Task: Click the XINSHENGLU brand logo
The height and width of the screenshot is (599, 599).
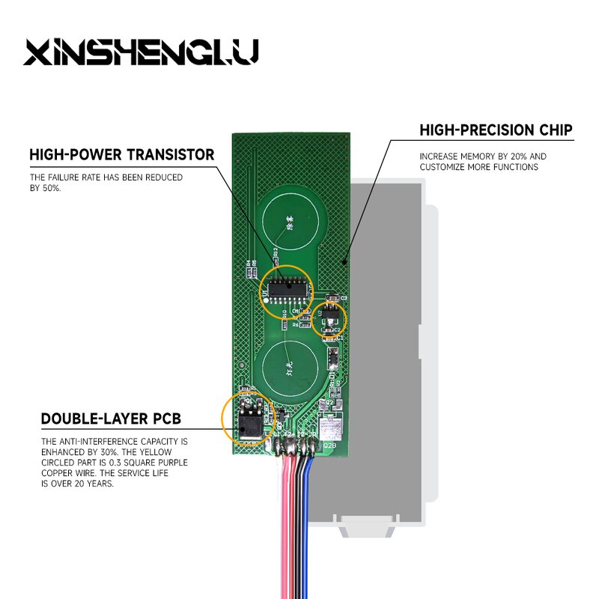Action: click(142, 52)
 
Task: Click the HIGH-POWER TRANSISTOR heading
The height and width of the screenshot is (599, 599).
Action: click(121, 155)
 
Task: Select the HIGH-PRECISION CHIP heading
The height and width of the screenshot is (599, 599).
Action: click(496, 130)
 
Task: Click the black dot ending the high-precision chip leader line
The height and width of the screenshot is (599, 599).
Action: click(345, 262)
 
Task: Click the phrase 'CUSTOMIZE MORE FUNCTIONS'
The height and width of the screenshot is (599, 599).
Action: click(478, 168)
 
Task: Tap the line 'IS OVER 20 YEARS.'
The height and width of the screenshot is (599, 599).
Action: click(77, 484)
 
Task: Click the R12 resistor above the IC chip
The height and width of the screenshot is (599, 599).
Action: click(276, 255)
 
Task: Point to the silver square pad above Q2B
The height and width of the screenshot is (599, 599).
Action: click(330, 428)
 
